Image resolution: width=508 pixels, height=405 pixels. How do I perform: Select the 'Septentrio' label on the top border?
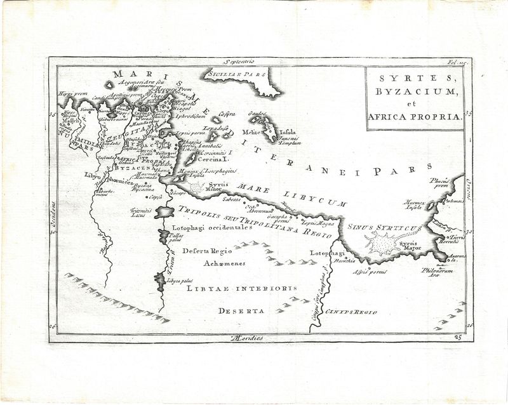click(x=237, y=62)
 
